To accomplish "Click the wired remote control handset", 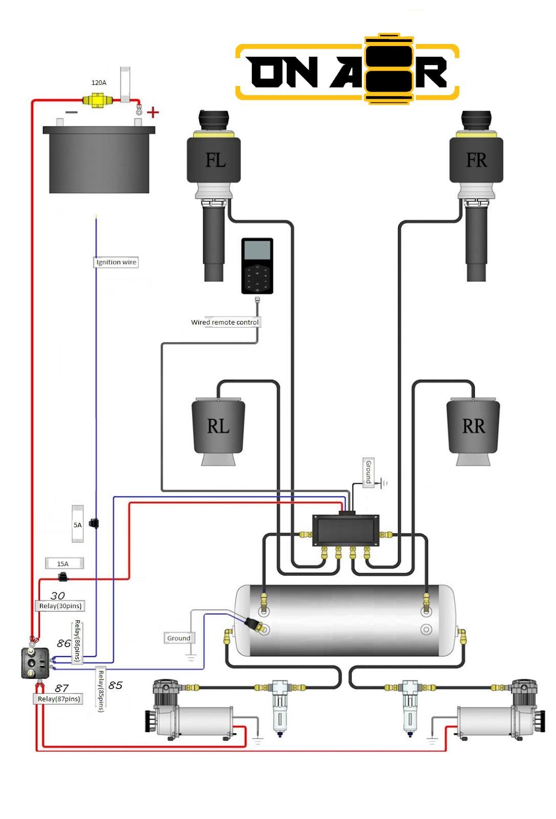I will click(x=257, y=266).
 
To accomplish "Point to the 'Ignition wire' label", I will click(x=116, y=262).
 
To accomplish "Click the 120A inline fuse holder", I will click(x=95, y=100).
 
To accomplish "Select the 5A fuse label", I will click(x=77, y=525).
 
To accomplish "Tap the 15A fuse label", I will click(x=63, y=564).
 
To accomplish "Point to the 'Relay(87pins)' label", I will click(x=59, y=699).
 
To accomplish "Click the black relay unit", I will click(x=35, y=663).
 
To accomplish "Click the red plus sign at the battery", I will click(x=153, y=112).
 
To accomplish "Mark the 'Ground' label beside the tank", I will click(x=178, y=638).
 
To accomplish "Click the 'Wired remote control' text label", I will click(x=225, y=322).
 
